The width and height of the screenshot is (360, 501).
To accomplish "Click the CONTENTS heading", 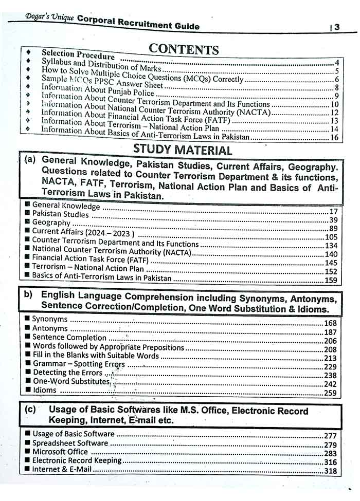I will [184, 49].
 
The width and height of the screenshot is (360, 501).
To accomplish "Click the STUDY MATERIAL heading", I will [183, 150].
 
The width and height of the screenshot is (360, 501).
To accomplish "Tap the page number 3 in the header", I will [337, 27].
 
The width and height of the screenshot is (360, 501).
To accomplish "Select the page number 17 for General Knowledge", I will [333, 211].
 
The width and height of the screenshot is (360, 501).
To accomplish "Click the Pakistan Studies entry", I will [60, 214].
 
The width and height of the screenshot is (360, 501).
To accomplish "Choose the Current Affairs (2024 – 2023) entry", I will [83, 232].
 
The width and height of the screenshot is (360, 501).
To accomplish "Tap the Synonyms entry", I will [49, 319].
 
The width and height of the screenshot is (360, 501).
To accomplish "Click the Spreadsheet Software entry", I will [70, 443].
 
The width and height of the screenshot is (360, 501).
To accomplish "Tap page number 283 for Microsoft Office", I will [330, 453].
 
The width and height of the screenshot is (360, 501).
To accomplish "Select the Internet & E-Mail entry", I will [62, 469].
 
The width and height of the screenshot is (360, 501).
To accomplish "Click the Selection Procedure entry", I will [78, 54].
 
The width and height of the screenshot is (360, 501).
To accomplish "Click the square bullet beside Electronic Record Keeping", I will [27, 460].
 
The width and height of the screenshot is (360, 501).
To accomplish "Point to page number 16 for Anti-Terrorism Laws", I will [334, 137].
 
